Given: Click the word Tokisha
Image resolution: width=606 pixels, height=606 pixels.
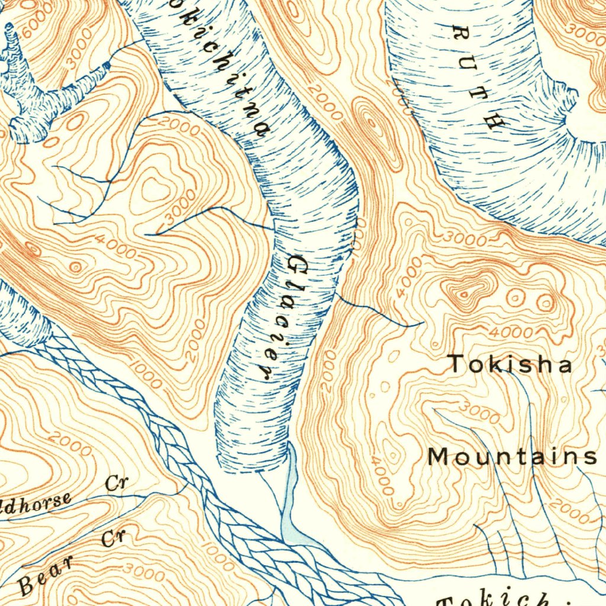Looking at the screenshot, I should [510, 364].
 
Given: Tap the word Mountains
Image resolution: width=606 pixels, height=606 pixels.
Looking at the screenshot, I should [512, 457].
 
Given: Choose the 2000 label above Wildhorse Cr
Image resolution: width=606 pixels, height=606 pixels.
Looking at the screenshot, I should [70, 444].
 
